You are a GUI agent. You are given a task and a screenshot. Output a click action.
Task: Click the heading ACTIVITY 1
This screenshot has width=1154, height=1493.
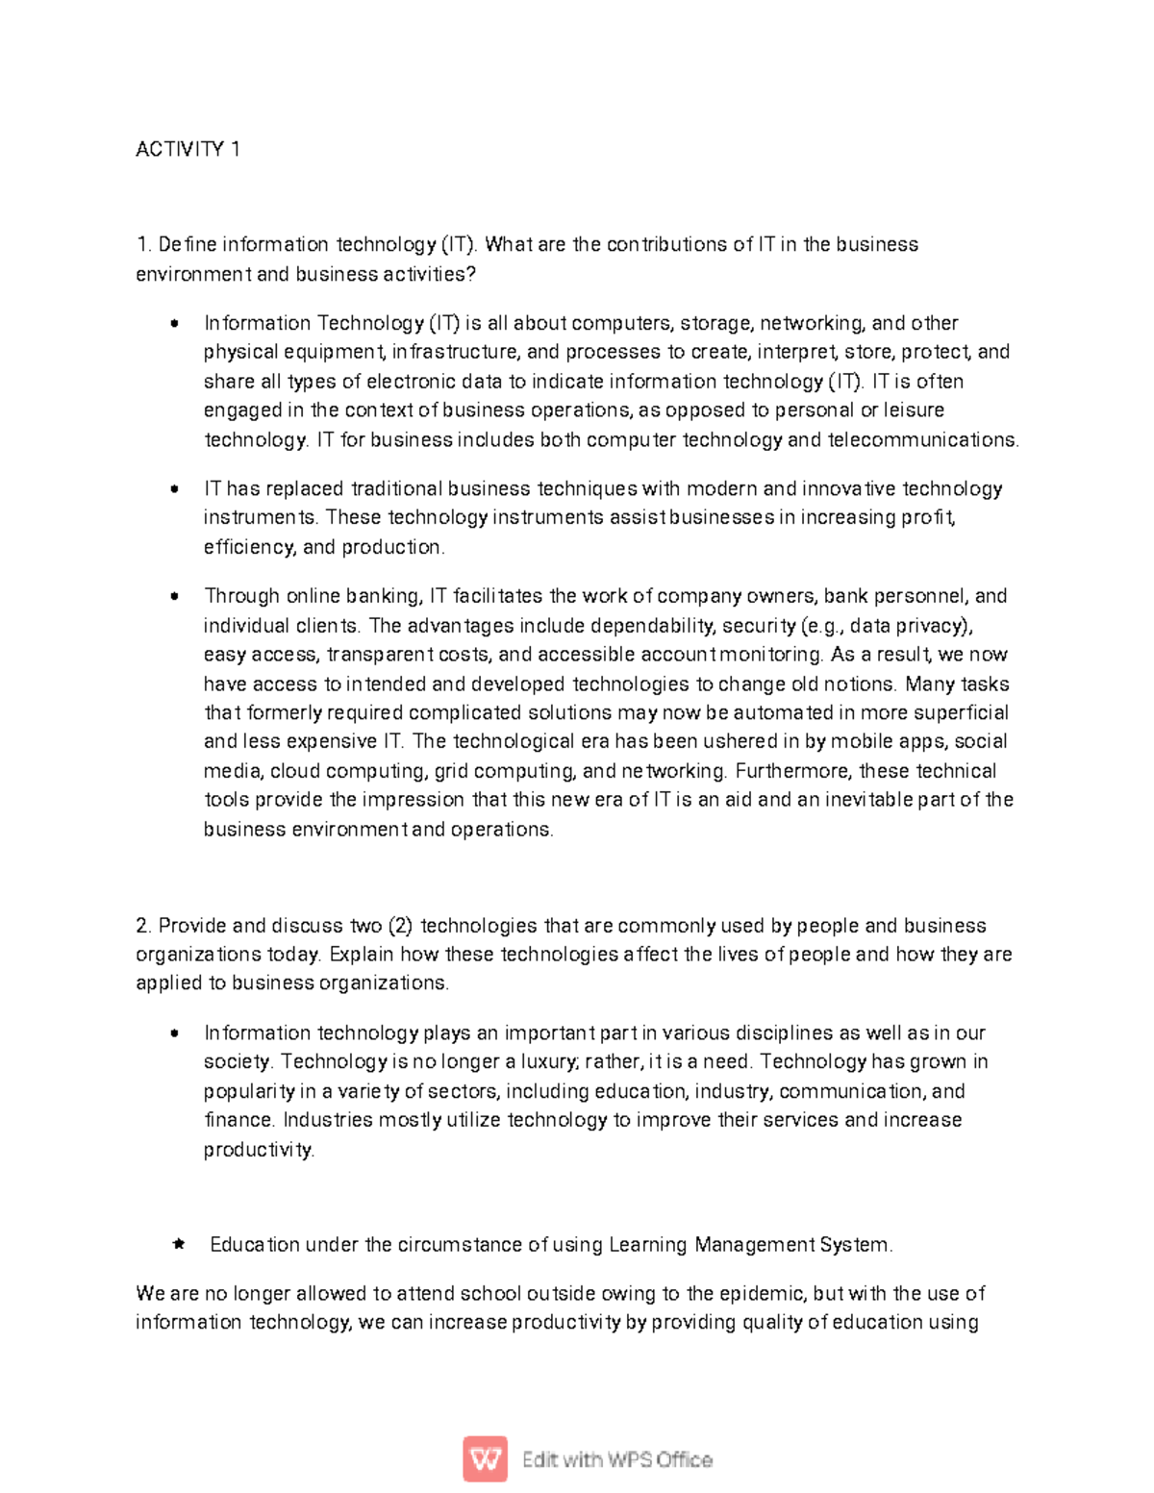(x=188, y=149)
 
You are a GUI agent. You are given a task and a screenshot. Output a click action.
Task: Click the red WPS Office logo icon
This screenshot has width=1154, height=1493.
(x=485, y=1459)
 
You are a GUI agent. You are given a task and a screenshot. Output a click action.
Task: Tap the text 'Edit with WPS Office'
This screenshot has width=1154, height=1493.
(x=616, y=1459)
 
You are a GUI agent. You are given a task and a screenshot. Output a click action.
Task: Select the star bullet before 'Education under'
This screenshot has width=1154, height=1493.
(x=178, y=1244)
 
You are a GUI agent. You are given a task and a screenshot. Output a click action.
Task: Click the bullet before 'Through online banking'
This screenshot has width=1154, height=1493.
(x=174, y=596)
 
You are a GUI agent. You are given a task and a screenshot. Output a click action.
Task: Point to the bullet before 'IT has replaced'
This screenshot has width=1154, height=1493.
(x=174, y=488)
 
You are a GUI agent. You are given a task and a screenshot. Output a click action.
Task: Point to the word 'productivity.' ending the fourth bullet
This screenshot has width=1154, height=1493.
(x=259, y=1150)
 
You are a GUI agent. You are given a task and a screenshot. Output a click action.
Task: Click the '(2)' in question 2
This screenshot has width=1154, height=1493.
(x=401, y=926)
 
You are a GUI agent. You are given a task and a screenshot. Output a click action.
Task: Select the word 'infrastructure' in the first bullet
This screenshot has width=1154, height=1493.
(x=455, y=352)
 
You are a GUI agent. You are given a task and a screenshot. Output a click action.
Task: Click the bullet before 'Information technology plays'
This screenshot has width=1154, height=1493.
(x=174, y=1033)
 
